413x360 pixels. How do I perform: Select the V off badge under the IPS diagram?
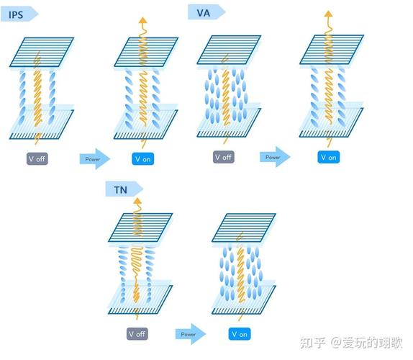click(37, 158)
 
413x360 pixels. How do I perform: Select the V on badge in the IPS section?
click(142, 158)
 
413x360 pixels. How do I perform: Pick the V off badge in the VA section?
click(223, 157)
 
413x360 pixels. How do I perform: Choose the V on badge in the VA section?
click(328, 157)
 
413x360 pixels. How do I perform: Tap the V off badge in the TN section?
click(137, 333)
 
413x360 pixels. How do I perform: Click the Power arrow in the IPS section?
click(94, 158)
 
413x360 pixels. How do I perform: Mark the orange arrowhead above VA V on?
click(328, 15)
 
